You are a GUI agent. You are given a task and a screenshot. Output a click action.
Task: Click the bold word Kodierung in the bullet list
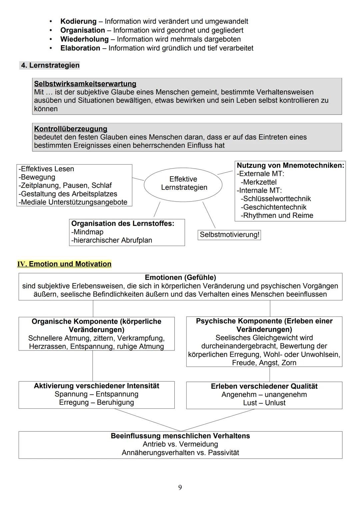(x=78, y=21)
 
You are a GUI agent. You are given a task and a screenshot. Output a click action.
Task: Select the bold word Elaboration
(x=80, y=48)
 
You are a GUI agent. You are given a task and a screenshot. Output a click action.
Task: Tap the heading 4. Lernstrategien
(x=50, y=65)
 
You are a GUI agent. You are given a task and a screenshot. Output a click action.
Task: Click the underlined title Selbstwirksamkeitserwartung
(x=85, y=84)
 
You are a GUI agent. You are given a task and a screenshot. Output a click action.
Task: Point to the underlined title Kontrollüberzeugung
(x=71, y=129)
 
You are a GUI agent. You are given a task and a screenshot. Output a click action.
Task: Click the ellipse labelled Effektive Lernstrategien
(x=183, y=184)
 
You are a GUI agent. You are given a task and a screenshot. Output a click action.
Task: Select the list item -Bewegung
(x=37, y=177)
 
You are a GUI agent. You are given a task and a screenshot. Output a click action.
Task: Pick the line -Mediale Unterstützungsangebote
(x=73, y=202)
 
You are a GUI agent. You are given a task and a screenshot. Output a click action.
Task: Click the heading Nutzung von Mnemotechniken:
(x=290, y=165)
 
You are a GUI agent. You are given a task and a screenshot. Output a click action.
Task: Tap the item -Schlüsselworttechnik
(x=276, y=199)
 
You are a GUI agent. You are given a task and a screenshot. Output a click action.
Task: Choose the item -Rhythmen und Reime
(x=277, y=215)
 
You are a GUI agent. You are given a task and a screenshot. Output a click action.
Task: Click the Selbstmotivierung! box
(x=229, y=235)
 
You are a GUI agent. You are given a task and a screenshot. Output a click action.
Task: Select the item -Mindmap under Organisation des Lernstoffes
(x=87, y=232)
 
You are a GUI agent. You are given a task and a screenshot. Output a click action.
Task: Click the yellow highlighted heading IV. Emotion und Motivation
(x=64, y=264)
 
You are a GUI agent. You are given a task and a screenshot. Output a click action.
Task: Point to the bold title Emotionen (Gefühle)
(x=180, y=277)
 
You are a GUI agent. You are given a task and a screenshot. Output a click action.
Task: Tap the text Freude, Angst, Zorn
(x=264, y=362)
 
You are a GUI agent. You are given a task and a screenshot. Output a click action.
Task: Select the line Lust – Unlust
(x=264, y=403)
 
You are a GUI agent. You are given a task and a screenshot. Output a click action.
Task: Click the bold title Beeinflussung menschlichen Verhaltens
(x=180, y=436)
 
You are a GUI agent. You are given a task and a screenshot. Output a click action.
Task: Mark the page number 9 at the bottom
(x=180, y=488)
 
